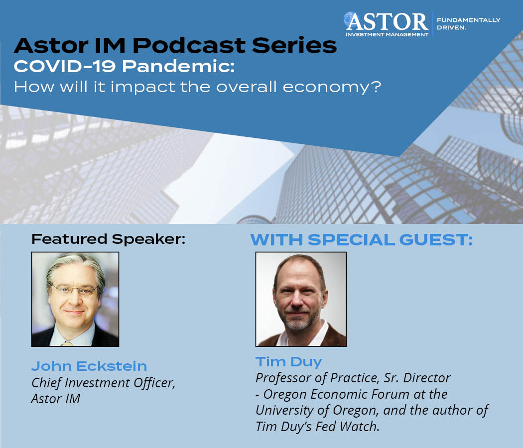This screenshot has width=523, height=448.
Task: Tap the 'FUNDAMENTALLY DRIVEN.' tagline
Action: point(468,24)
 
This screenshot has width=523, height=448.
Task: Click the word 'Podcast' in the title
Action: point(189,45)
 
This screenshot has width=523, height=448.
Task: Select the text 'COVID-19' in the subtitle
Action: point(64,66)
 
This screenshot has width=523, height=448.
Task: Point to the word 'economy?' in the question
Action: point(332,87)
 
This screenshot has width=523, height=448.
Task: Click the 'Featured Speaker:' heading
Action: point(109,239)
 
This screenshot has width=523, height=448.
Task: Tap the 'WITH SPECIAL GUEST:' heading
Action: point(362,239)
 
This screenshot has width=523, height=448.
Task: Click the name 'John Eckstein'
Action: point(89,366)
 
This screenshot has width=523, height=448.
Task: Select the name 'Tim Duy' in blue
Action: point(289,362)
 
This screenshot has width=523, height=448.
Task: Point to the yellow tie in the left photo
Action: point(67,343)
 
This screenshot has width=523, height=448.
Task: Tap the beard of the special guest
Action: point(298,320)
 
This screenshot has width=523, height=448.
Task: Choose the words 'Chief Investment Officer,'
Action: point(103,383)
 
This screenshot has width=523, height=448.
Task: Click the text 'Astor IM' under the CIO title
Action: point(56,399)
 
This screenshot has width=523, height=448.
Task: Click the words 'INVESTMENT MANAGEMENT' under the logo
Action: point(387,34)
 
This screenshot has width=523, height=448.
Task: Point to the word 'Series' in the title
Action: point(294,45)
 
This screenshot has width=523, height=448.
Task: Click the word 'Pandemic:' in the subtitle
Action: point(178,66)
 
